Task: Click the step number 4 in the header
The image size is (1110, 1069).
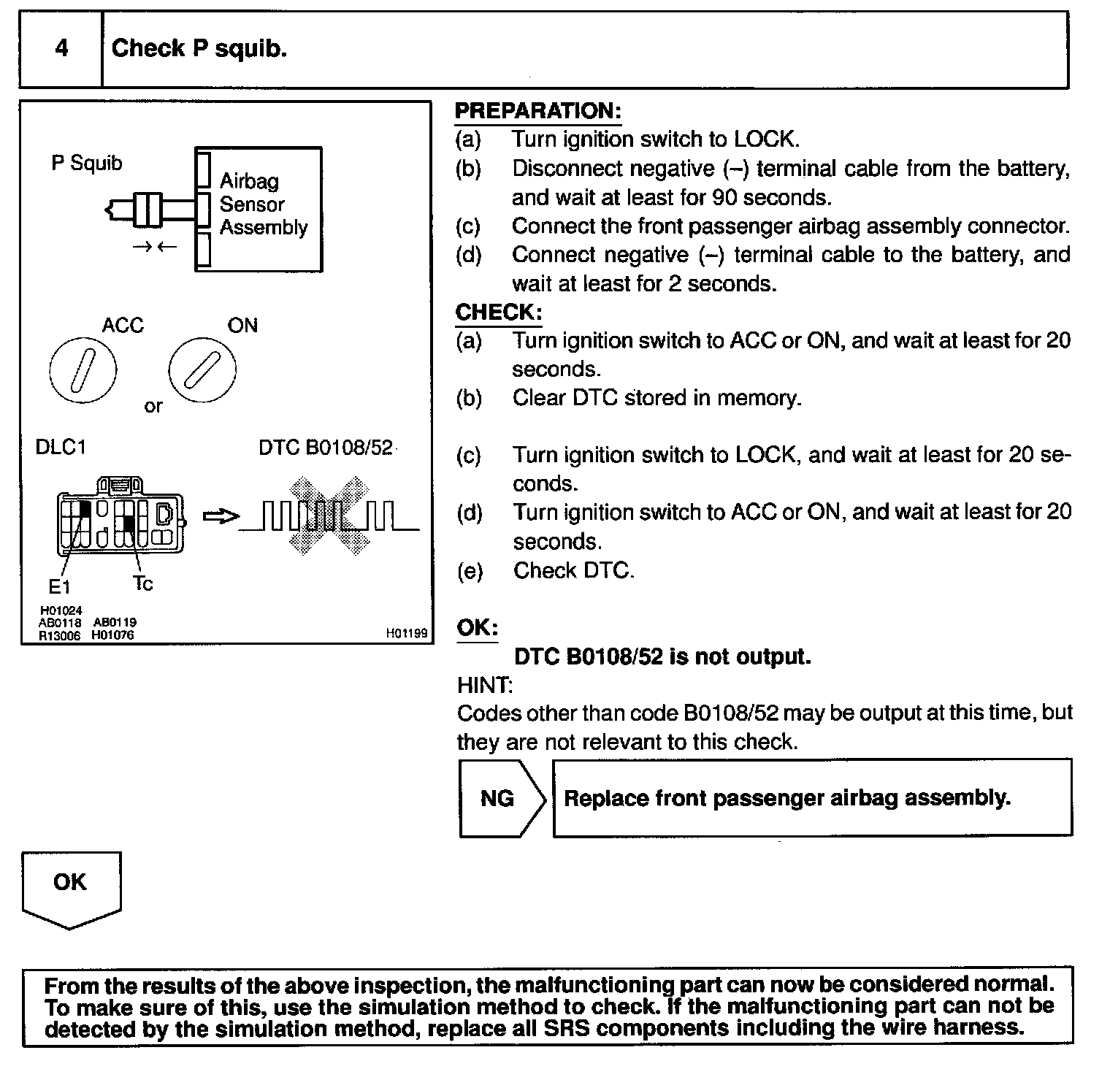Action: click(x=62, y=48)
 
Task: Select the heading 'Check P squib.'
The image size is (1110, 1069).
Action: click(x=199, y=48)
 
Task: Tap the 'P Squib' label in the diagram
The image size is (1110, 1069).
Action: click(x=86, y=163)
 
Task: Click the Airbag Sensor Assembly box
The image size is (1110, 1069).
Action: click(x=259, y=209)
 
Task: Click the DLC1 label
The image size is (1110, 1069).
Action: click(x=61, y=447)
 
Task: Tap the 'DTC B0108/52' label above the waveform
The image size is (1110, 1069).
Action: click(x=326, y=447)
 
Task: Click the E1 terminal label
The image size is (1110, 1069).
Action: click(x=59, y=586)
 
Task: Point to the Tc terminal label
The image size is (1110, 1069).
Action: click(x=142, y=583)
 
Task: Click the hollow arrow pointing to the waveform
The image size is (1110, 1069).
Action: click(x=220, y=517)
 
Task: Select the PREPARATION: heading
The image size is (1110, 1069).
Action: click(x=537, y=111)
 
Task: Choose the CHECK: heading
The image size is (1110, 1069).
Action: click(x=499, y=313)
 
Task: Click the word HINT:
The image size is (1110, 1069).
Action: click(x=485, y=685)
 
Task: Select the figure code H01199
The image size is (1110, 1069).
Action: click(x=406, y=634)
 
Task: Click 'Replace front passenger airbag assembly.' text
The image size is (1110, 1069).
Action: click(x=787, y=797)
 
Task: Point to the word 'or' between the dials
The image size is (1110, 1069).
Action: click(x=153, y=407)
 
